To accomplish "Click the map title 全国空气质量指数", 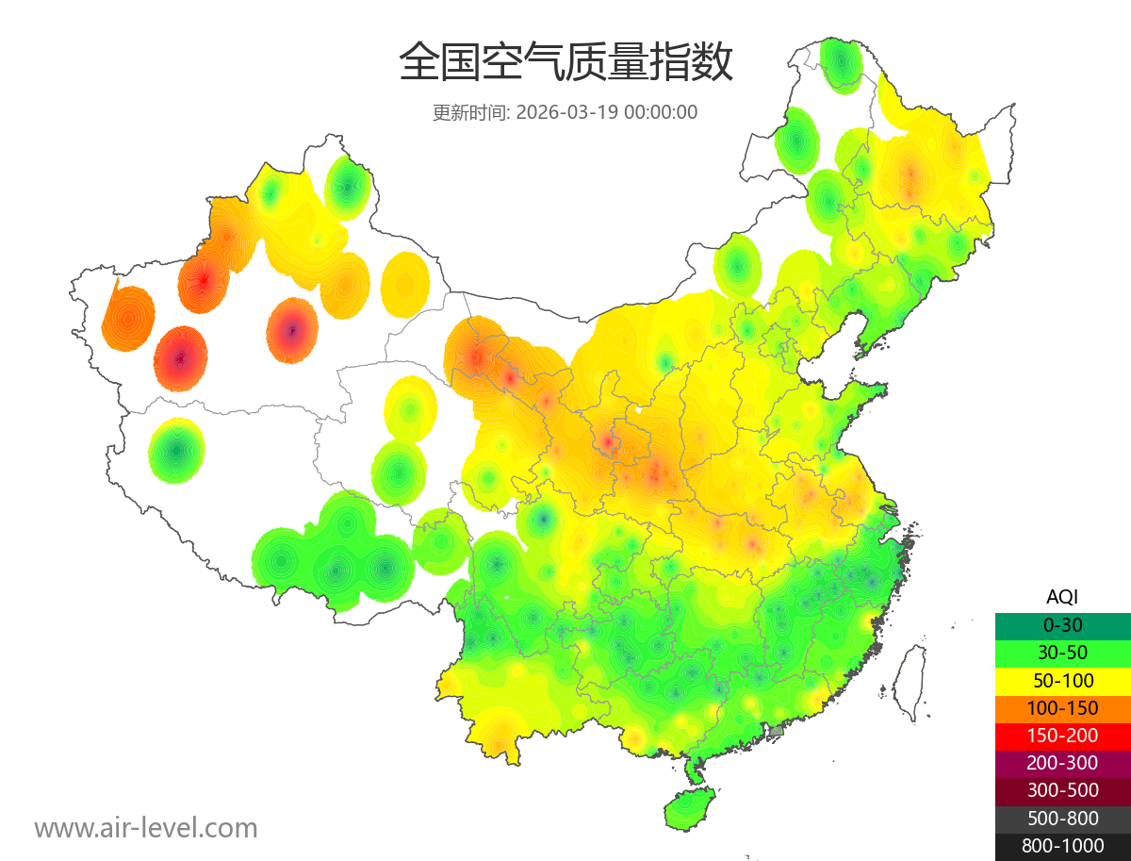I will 565,63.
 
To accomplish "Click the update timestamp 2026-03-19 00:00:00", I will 607,111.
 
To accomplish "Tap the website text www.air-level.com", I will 146,828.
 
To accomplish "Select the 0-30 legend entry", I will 1062,624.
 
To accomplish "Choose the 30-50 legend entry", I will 1062,652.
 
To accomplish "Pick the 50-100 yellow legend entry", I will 1062,680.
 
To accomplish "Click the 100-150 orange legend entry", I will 1062,707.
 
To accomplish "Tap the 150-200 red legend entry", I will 1062,736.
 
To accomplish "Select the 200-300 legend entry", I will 1062,763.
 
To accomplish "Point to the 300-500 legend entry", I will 1062,790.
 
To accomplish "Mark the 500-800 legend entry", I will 1062,819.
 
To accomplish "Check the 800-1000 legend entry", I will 1062,846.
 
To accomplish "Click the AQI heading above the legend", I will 1062,596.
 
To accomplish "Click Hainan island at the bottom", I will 689,809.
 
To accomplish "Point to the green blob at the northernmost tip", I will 840,64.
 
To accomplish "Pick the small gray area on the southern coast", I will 777,730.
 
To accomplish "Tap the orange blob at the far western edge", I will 128,318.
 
